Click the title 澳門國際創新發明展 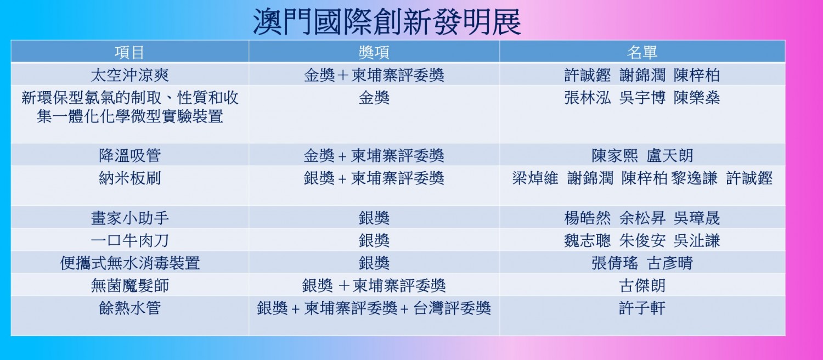point(387,21)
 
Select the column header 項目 point(129,53)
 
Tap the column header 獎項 point(374,53)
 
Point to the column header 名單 point(642,53)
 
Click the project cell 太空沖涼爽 point(129,75)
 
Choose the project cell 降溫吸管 point(129,155)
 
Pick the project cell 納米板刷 point(129,178)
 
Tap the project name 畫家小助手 point(129,218)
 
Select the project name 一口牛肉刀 point(129,240)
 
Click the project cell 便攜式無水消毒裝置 point(129,263)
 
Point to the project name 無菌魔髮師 point(129,285)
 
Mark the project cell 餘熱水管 point(129,308)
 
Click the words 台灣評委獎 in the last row point(452,308)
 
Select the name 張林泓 point(588,98)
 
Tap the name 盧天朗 point(669,155)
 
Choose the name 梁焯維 point(535,178)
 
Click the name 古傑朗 point(642,285)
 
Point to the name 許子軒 point(642,308)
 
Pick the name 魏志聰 point(588,240)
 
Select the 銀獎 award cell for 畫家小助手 point(374,218)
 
